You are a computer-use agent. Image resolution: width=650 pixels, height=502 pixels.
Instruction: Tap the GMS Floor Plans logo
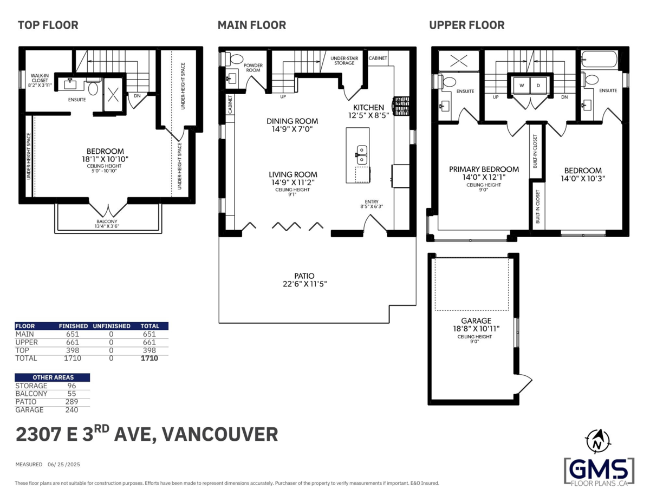coord(599,470)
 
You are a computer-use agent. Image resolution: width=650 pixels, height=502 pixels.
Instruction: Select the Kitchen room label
coord(368,108)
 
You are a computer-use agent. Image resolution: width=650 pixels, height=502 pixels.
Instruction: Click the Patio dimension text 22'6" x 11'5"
coord(304,284)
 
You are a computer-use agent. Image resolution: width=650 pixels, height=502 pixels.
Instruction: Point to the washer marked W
coord(522,86)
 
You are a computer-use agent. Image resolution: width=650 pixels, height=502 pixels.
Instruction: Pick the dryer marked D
coord(538,86)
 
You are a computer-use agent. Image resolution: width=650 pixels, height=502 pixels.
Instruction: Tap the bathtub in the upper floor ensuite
coord(599,59)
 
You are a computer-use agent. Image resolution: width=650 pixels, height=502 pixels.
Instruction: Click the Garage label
coord(476,320)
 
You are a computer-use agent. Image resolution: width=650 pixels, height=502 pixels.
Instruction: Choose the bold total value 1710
coord(149,358)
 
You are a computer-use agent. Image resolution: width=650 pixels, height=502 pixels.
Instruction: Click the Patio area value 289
coord(71,402)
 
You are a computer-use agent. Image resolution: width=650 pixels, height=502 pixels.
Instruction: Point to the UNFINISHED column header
coord(112,326)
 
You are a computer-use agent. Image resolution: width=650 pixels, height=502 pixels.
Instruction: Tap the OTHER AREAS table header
coord(53,377)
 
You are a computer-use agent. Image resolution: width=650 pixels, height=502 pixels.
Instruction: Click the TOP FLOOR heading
coord(48,25)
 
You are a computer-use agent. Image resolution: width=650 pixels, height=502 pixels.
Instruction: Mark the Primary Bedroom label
coord(484,169)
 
